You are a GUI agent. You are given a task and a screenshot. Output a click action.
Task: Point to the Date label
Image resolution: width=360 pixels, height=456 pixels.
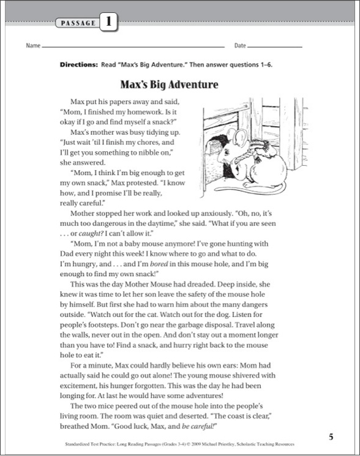tap(239, 46)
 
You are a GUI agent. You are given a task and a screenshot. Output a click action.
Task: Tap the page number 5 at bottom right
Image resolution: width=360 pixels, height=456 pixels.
tap(331, 436)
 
